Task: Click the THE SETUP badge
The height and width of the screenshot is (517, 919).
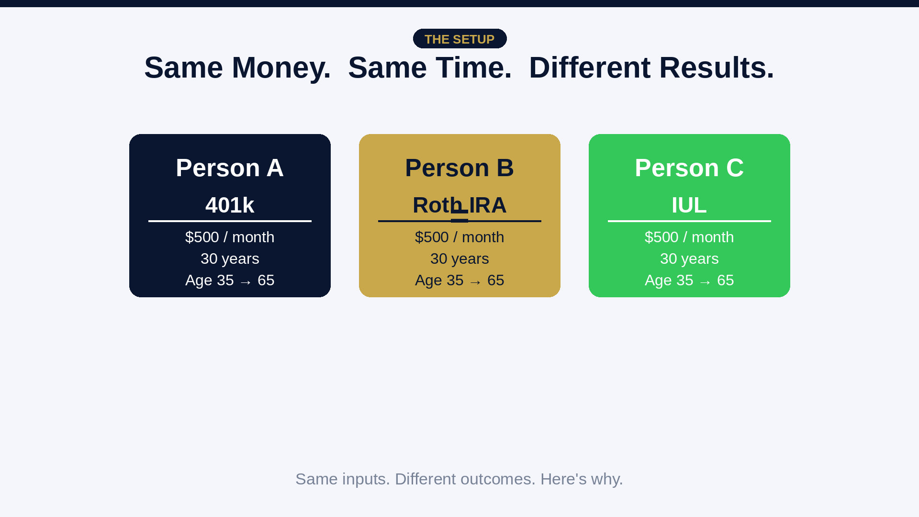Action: point(459,39)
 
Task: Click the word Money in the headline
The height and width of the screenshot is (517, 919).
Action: point(281,67)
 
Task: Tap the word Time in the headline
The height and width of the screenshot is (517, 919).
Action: point(473,67)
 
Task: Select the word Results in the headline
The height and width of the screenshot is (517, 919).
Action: point(716,67)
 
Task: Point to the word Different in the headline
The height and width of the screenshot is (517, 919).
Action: point(590,67)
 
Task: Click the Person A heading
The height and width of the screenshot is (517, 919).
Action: point(230,168)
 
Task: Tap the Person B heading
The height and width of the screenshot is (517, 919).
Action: point(459,168)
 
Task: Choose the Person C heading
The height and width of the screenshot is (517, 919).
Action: point(689,168)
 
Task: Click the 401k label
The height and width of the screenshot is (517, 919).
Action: point(230,205)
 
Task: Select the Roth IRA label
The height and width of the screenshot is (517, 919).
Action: point(459,205)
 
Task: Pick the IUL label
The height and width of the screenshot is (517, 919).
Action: point(689,205)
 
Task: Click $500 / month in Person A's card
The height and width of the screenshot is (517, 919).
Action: point(230,237)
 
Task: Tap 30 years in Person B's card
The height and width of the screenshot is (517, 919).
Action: point(459,259)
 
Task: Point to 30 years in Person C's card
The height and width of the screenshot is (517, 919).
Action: point(689,259)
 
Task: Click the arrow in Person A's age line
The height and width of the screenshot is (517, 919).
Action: point(246,282)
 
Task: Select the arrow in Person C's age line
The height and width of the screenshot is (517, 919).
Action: point(705,282)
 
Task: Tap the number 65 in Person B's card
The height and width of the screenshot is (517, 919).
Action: point(495,281)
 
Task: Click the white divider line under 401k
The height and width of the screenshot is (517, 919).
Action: point(230,221)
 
